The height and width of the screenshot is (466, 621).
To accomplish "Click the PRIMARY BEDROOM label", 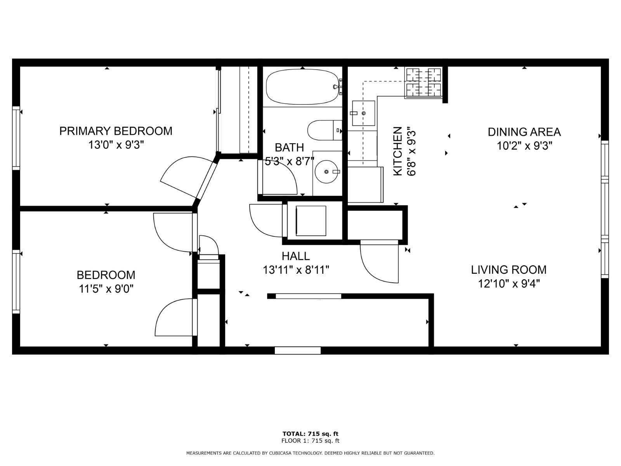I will [x=116, y=131].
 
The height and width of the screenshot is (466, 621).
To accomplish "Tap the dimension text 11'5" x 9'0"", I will [x=106, y=289].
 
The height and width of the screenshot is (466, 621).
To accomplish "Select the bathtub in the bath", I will [x=302, y=87].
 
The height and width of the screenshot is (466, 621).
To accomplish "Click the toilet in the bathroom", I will [x=324, y=130].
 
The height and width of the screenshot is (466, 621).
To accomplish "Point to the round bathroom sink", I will [x=326, y=171].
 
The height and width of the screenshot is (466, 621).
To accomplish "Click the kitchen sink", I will [x=364, y=113].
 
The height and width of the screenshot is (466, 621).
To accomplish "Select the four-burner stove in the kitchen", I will [x=423, y=82].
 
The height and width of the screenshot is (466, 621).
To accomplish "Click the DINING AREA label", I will [x=524, y=132].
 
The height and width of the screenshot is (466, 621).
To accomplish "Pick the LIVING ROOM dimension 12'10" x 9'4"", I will [x=509, y=283].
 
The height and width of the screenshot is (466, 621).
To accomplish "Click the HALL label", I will [x=296, y=256].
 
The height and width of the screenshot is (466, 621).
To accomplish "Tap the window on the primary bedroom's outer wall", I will [x=16, y=138].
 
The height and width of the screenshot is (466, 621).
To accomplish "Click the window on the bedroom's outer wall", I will [x=16, y=282].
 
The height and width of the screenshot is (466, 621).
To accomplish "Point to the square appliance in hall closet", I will [x=311, y=221].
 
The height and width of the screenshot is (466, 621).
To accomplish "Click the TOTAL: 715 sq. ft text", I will [x=310, y=434].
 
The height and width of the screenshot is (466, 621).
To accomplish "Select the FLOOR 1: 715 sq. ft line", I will [x=310, y=441].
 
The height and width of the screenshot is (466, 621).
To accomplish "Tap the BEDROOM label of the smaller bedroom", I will [x=106, y=275].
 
